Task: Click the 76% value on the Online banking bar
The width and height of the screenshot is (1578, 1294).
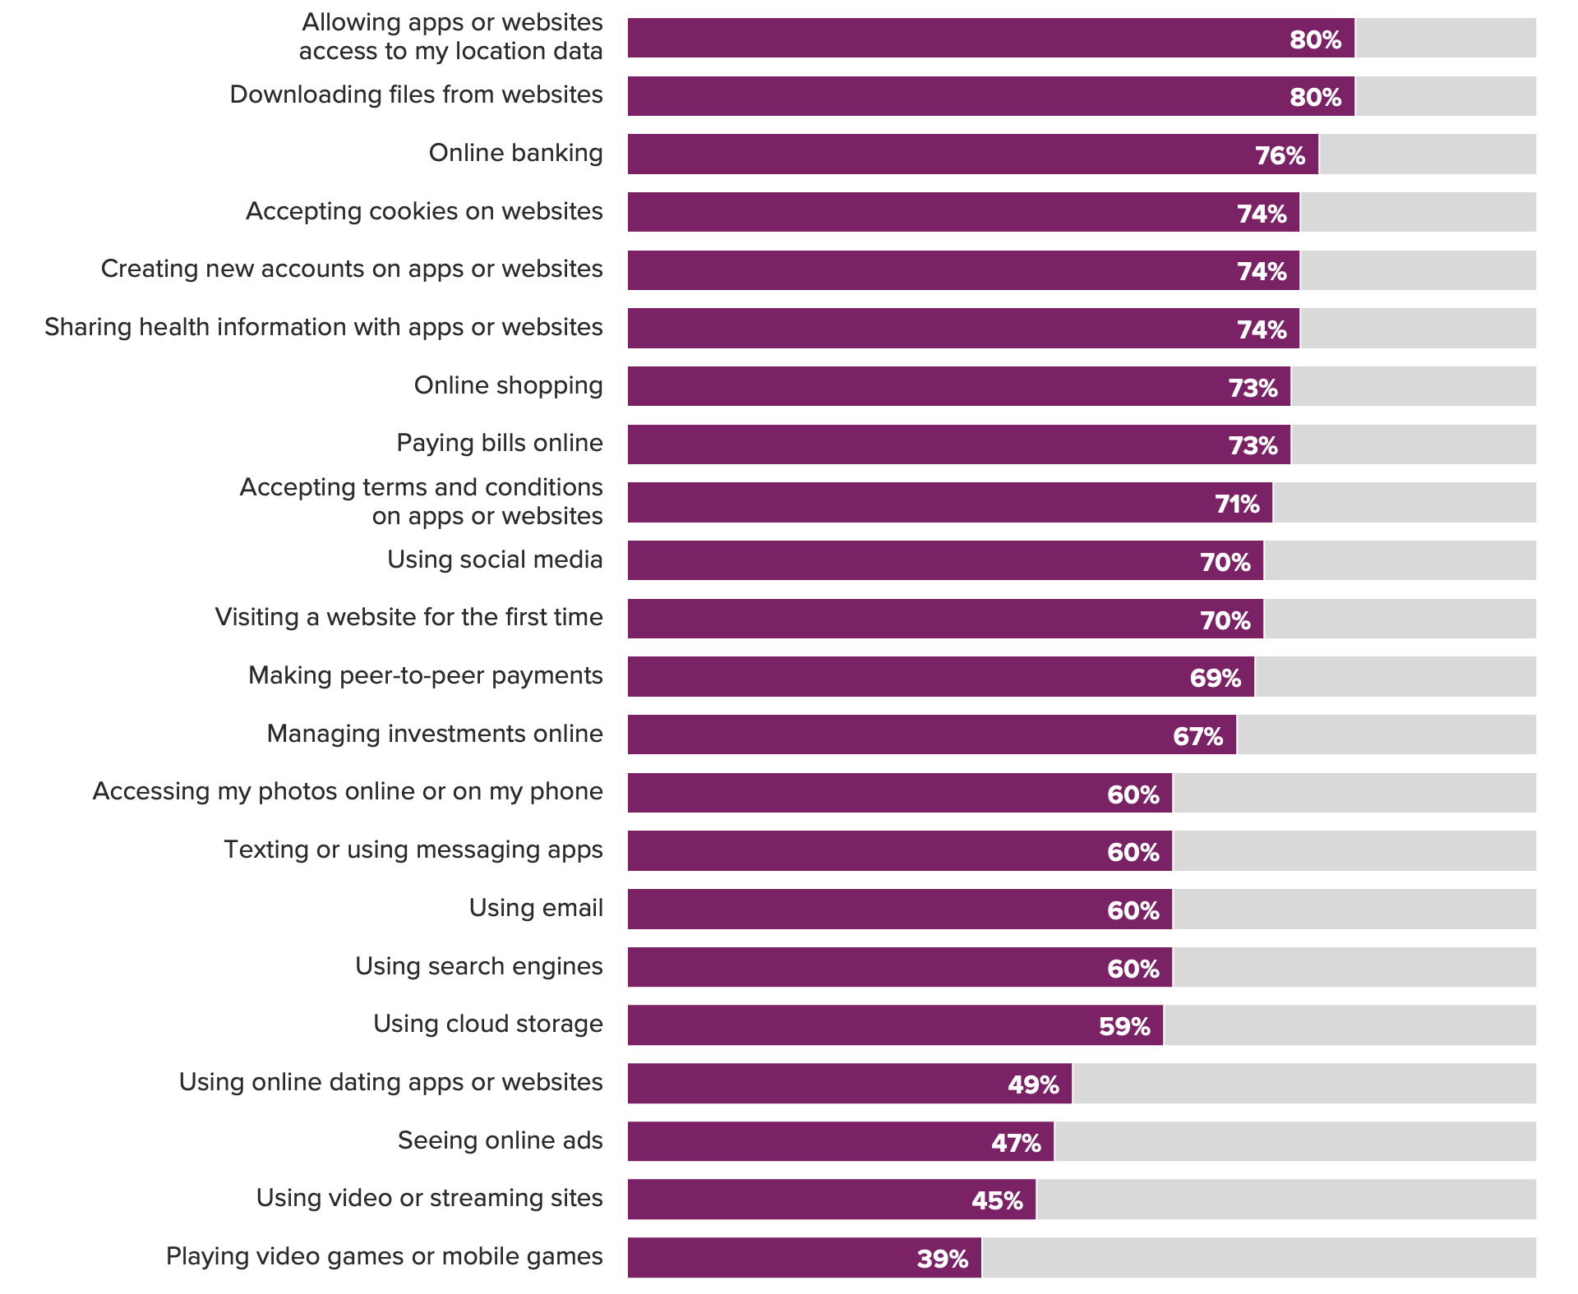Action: click(x=1280, y=155)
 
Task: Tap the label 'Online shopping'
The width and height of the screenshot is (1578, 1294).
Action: click(x=508, y=385)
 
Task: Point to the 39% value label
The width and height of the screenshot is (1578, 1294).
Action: click(x=943, y=1259)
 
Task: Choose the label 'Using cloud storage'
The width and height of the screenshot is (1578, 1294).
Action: click(x=487, y=1024)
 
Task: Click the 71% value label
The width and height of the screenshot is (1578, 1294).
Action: click(x=1237, y=504)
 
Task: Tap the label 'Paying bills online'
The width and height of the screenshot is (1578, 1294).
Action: click(x=499, y=444)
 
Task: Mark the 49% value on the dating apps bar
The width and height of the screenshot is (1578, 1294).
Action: click(x=1033, y=1084)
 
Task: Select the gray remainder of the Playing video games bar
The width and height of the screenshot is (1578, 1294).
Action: click(x=1258, y=1258)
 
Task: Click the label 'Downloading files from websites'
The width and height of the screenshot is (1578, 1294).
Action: click(x=416, y=95)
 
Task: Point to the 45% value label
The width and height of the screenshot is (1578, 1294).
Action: click(x=997, y=1200)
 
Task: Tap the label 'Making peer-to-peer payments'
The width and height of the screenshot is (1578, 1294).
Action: click(x=425, y=675)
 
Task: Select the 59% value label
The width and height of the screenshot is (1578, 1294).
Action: click(x=1124, y=1026)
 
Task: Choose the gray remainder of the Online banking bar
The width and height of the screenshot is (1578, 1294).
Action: click(x=1427, y=154)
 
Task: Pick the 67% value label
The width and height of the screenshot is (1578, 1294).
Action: click(x=1197, y=736)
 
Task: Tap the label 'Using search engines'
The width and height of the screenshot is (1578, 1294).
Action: click(x=478, y=966)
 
